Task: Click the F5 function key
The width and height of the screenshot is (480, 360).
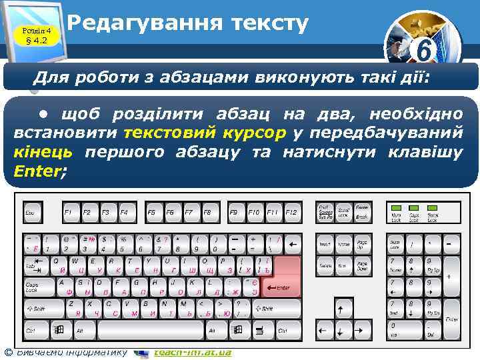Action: point(152,213)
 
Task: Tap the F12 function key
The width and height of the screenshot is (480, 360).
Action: point(291,213)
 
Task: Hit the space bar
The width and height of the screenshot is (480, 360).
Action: point(141,329)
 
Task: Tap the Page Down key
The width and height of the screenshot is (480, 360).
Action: point(363,266)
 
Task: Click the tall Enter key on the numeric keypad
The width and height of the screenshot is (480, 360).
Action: point(452,319)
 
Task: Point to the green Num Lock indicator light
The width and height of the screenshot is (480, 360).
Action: point(396,209)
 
